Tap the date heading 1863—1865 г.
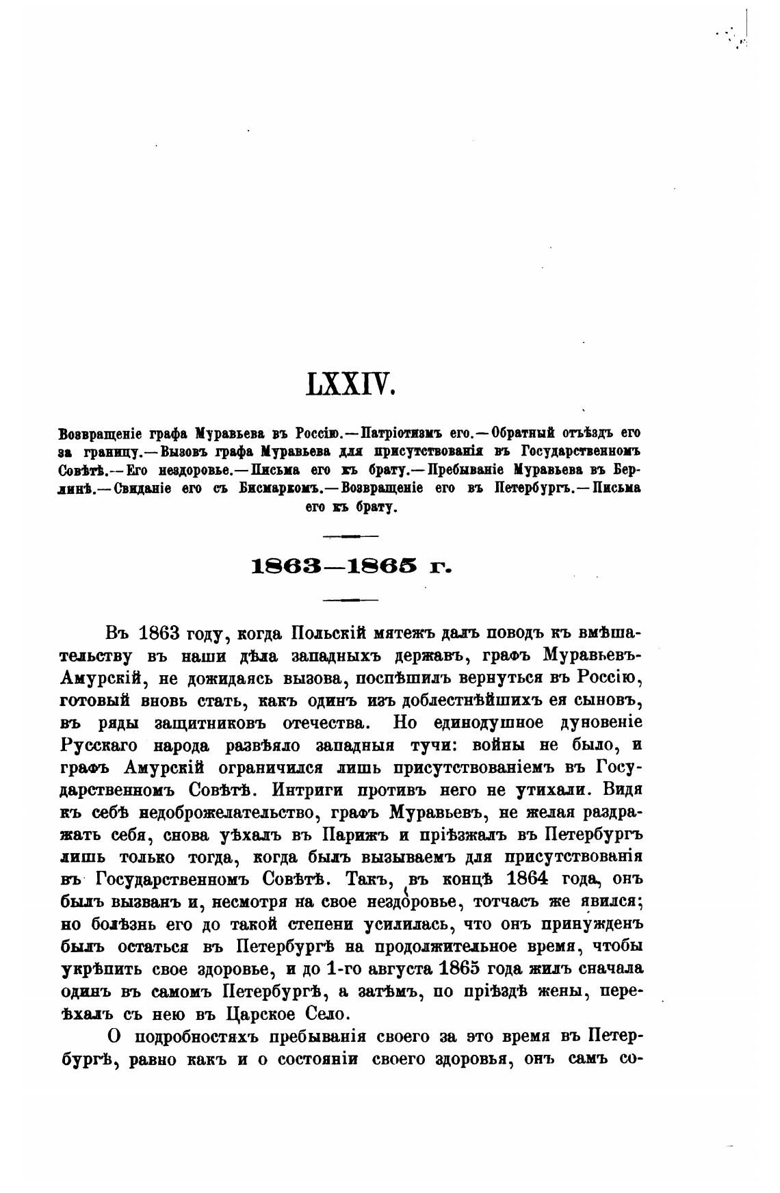point(352,566)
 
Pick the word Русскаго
point(96,745)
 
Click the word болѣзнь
point(124,924)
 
